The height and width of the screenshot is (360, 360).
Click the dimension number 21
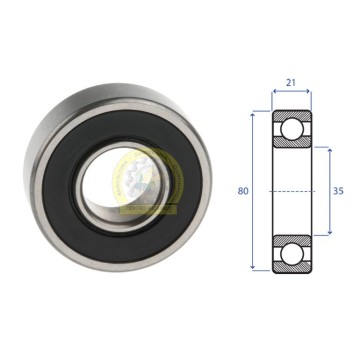[291, 83]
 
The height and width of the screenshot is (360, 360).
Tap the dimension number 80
[243, 191]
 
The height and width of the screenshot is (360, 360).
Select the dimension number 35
[338, 191]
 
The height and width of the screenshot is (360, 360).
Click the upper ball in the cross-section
[292, 129]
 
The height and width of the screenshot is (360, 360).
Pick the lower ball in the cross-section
[292, 253]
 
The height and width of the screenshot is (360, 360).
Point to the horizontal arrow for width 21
[292, 91]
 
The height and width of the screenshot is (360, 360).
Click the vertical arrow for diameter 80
[253, 191]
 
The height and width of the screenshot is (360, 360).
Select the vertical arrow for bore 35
[330, 191]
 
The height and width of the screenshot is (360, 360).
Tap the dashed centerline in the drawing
[292, 191]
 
